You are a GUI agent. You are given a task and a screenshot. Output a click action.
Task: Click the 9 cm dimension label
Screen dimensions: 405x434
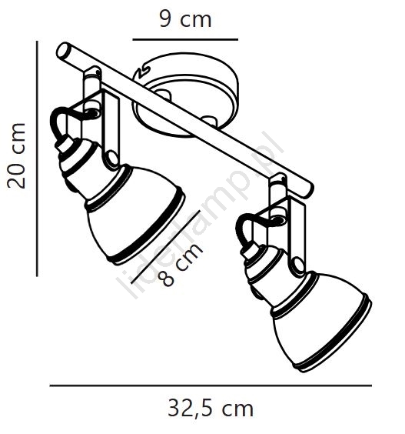click(185, 19)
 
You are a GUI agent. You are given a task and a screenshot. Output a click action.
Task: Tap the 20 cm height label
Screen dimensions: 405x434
click(16, 156)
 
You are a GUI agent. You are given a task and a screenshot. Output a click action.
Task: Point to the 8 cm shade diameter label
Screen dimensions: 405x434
click(181, 265)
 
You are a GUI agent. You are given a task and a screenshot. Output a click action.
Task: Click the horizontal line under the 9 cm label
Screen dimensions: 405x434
click(185, 39)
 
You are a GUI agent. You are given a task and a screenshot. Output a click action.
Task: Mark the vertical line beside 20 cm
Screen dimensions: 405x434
click(37, 159)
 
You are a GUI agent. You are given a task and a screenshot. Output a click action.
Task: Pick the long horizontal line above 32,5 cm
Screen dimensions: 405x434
click(211, 386)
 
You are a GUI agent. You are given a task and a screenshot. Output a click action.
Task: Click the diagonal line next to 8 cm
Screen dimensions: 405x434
click(165, 247)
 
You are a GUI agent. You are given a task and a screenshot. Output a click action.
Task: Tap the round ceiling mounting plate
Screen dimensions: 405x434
click(186, 94)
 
